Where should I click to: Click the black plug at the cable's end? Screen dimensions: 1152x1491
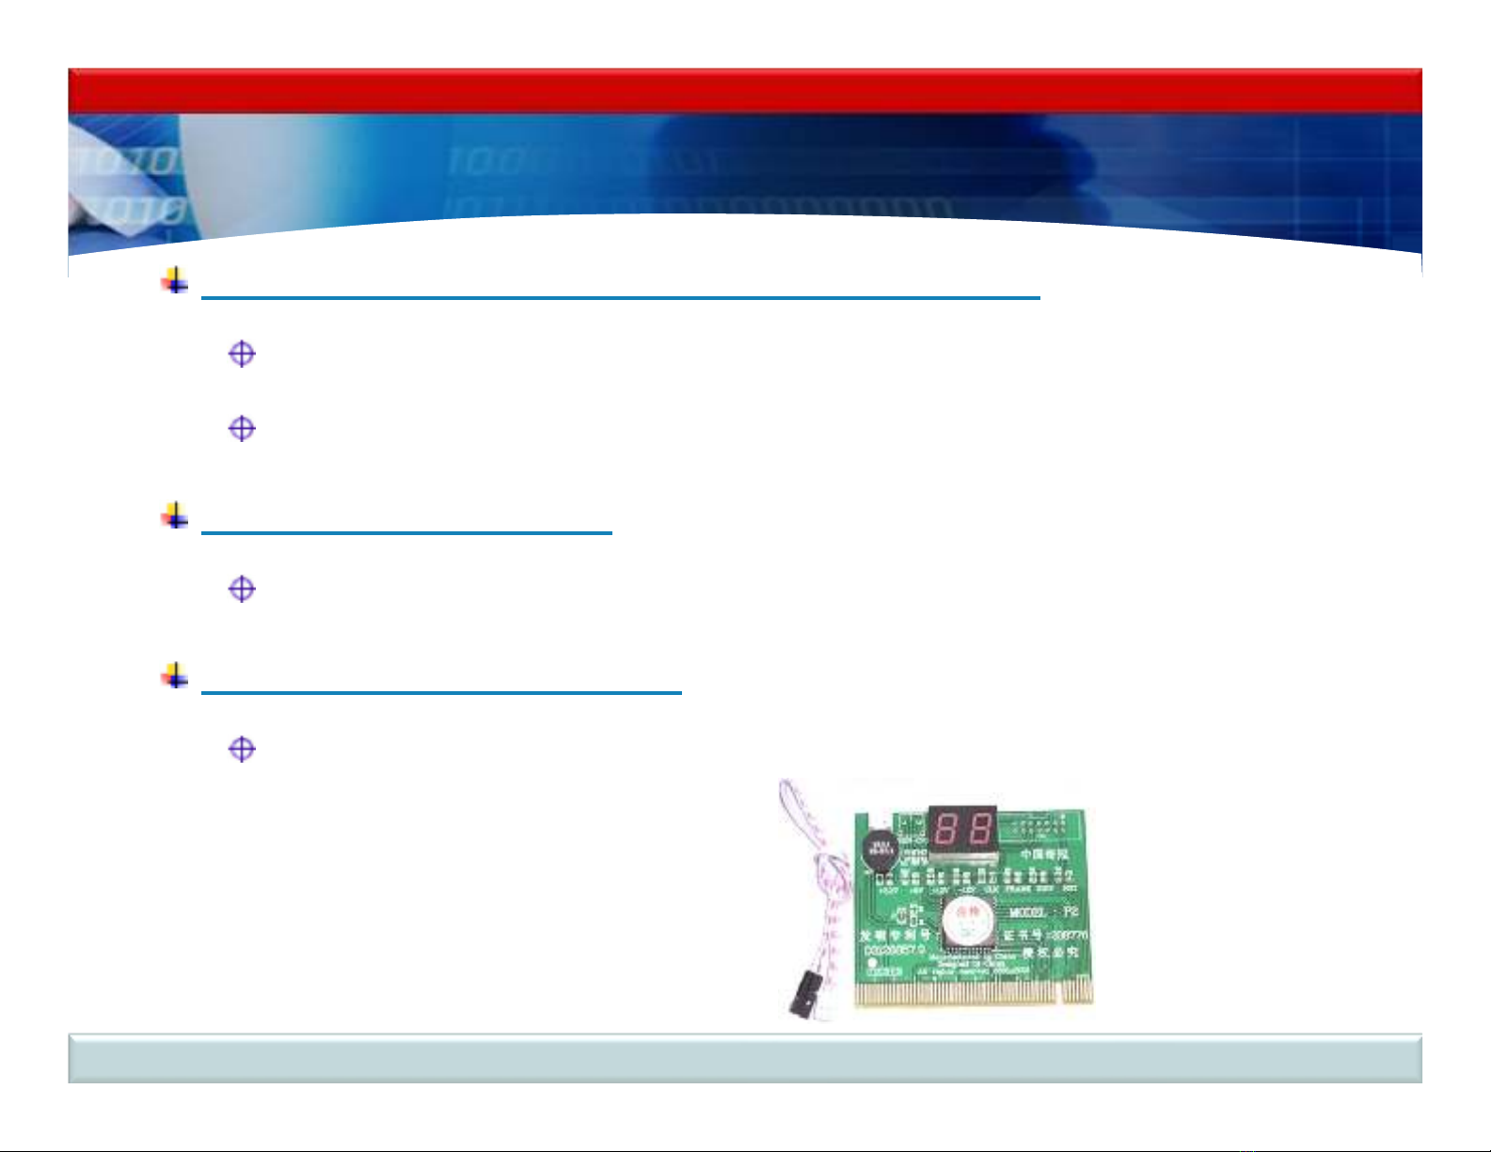[x=801, y=996]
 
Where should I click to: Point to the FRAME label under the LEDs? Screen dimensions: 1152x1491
[x=1018, y=889]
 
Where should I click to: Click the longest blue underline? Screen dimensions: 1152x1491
[x=621, y=297]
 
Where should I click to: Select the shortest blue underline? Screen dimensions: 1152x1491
[x=406, y=532]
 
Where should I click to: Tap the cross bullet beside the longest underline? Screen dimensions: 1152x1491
[x=175, y=280]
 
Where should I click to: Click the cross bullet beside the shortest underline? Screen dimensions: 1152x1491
[x=175, y=515]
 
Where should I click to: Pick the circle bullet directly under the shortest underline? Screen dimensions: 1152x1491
[x=242, y=590]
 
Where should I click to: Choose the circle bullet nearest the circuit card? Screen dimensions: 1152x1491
[x=242, y=750]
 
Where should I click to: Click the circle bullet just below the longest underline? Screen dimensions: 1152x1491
[x=242, y=355]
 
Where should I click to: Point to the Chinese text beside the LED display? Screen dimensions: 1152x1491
[x=1044, y=855]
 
